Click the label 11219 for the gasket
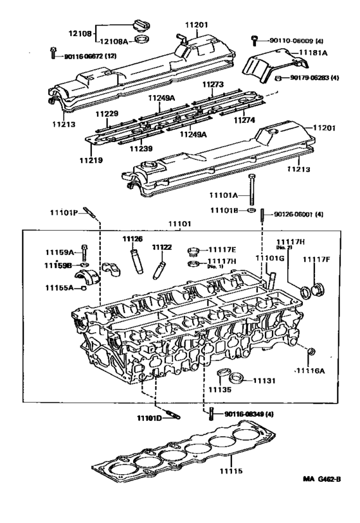click(x=91, y=160)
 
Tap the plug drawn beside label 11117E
click(x=192, y=250)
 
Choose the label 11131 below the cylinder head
click(x=264, y=381)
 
